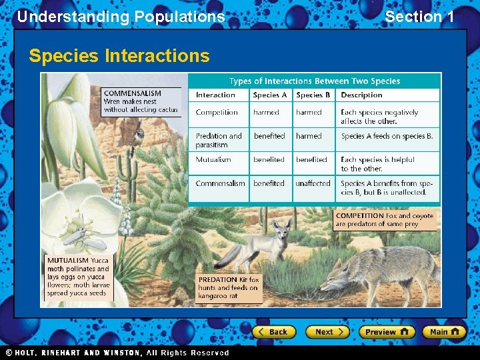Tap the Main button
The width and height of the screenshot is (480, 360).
(445, 331)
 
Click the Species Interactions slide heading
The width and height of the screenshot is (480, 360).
(119, 56)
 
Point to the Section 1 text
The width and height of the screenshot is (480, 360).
(419, 17)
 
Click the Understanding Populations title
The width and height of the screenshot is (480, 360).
(121, 17)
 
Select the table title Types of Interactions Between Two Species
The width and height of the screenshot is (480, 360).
(315, 81)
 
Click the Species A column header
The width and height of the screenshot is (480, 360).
(270, 95)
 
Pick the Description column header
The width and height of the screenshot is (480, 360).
(361, 95)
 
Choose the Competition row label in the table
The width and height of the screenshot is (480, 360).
(217, 113)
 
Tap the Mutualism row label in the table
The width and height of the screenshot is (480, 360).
(213, 160)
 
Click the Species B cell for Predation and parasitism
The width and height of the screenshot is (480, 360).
(309, 136)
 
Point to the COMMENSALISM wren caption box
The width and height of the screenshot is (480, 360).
(141, 101)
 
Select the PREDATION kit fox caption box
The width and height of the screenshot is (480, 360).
(229, 287)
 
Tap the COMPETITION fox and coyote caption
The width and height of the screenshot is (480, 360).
(385, 220)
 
